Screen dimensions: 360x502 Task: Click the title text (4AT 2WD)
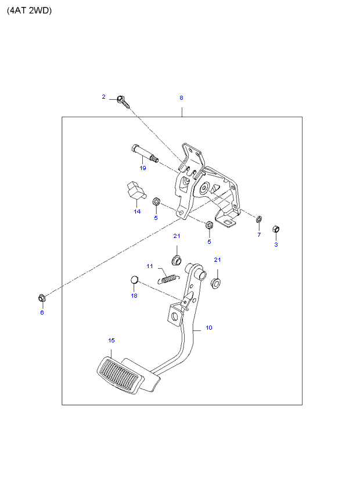[29, 10]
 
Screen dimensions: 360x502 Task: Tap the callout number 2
[103, 97]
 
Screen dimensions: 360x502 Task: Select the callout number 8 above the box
[181, 97]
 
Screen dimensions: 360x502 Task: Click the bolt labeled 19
[145, 154]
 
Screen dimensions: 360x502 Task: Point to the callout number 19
[143, 168]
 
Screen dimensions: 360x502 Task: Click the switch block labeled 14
[135, 190]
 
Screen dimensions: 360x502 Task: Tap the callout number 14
[137, 211]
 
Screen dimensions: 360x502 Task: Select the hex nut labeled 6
[42, 298]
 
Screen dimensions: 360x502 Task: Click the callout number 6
[42, 312]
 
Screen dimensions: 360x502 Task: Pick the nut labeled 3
[276, 229]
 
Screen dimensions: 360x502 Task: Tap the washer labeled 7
[259, 219]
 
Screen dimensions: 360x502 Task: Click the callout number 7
[259, 234]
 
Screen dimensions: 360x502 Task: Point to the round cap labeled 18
[135, 280]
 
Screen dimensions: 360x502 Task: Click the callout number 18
[134, 296]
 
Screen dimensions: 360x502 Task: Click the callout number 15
[111, 340]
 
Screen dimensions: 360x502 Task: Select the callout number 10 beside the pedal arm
[209, 327]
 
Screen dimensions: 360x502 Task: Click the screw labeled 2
[123, 101]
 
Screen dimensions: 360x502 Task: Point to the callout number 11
[150, 266]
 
